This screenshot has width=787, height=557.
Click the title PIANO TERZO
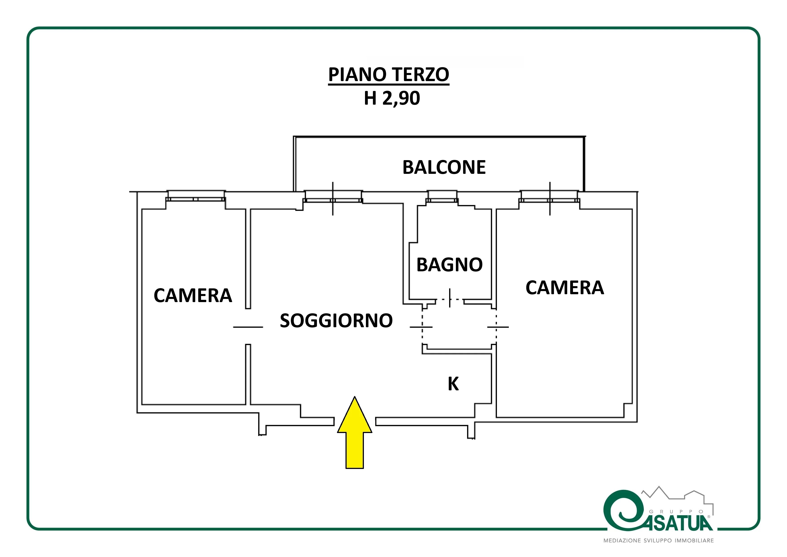[389, 75]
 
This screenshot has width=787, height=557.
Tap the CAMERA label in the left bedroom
[193, 296]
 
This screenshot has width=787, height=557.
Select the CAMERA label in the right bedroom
[564, 287]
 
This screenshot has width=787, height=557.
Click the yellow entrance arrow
[354, 432]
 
